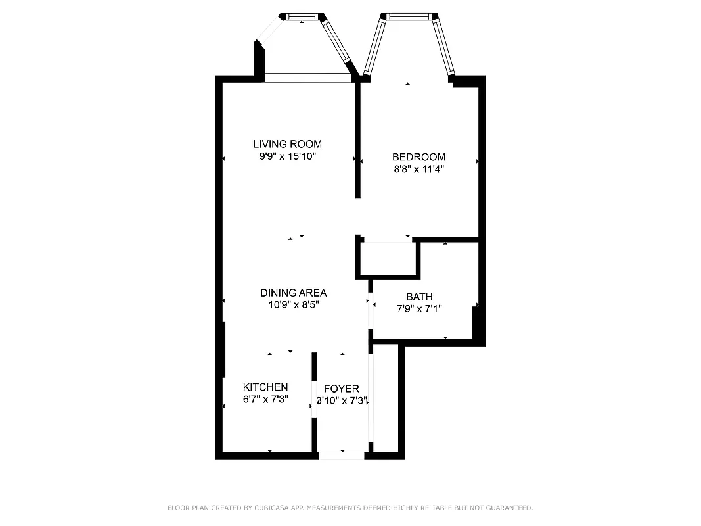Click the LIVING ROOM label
[287, 144]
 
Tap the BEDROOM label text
[418, 157]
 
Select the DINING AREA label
[293, 293]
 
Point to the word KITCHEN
[265, 387]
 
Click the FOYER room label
[341, 389]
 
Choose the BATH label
[419, 297]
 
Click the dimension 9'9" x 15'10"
[287, 156]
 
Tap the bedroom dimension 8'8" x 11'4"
[418, 169]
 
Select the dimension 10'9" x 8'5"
[293, 305]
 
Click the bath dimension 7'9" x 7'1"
[419, 309]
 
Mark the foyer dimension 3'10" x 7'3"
[341, 400]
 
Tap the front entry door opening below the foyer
[341, 455]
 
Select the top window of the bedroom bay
[411, 16]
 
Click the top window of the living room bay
[302, 16]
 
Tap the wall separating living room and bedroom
[358, 138]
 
